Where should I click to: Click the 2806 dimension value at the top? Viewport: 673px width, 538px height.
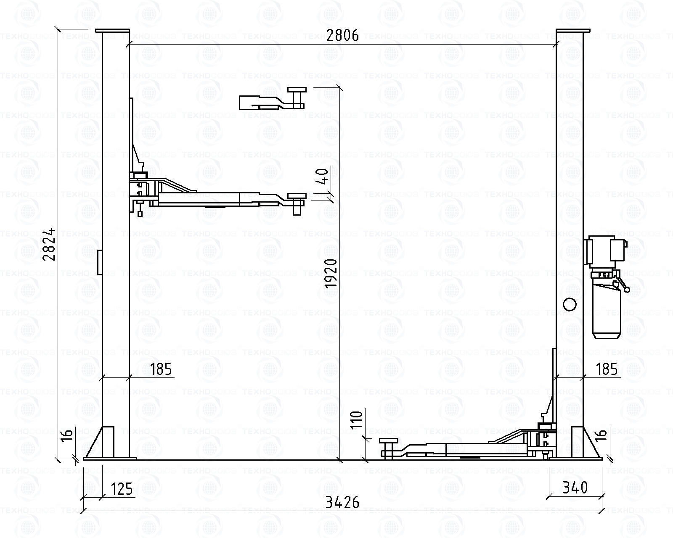point(342,35)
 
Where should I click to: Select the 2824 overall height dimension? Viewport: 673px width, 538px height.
point(49,245)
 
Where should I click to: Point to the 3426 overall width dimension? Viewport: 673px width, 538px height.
point(342,503)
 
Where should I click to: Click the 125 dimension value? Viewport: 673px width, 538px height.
point(122,489)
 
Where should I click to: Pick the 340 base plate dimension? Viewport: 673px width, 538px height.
point(575,488)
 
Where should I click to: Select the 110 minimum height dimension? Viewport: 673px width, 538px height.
point(356,419)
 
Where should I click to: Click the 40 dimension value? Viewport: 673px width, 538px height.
point(323,176)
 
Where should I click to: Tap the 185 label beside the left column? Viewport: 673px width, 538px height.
point(161,369)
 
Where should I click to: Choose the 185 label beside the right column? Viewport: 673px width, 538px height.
point(607,369)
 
